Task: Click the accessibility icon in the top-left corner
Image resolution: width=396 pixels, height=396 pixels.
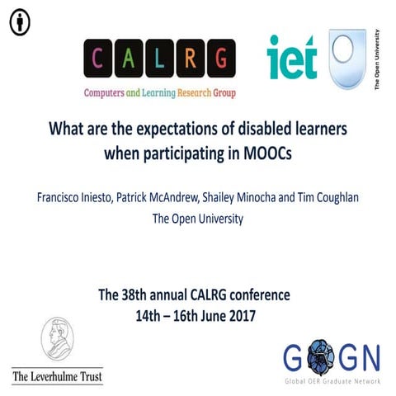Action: tap(20, 23)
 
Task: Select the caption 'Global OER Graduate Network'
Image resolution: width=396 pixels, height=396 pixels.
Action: tap(331, 380)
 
